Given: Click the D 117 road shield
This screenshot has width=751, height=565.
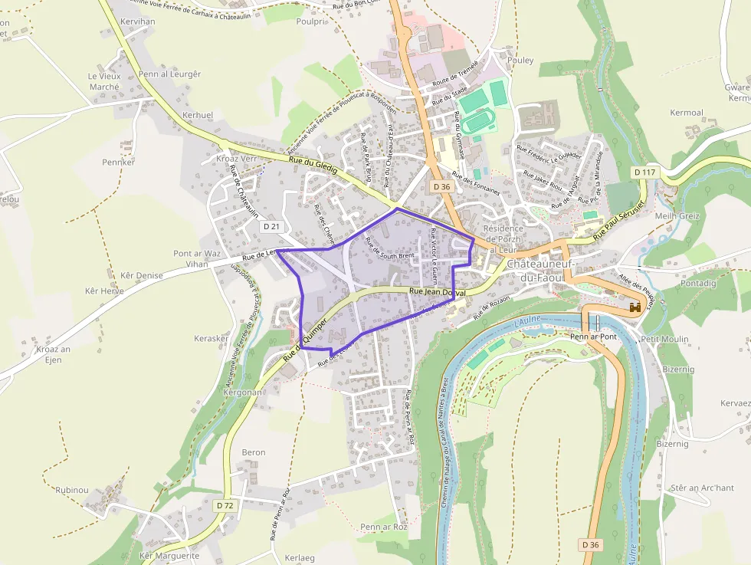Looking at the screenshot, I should click(x=646, y=172).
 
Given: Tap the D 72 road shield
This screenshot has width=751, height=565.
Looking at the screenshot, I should click(x=225, y=505).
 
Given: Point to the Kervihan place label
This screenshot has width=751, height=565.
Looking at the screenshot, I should click(x=138, y=21).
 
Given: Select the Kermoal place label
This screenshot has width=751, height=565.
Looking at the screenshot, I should click(x=687, y=113).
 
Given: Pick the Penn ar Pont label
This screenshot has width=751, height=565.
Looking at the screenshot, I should click(x=594, y=337).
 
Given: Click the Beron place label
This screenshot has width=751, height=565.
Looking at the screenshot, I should click(x=254, y=452).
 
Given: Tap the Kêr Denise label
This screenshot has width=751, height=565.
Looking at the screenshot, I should click(x=142, y=275).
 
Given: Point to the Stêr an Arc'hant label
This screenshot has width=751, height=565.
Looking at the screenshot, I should click(x=702, y=488).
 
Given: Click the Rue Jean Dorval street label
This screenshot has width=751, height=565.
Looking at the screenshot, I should click(x=438, y=292).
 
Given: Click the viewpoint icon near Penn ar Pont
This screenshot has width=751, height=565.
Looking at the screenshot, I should click(x=635, y=307).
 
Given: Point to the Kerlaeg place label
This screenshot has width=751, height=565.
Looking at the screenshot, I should click(x=300, y=557).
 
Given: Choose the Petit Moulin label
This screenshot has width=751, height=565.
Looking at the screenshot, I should click(x=664, y=339).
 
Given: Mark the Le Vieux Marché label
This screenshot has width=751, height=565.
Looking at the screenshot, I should click(x=104, y=81).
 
